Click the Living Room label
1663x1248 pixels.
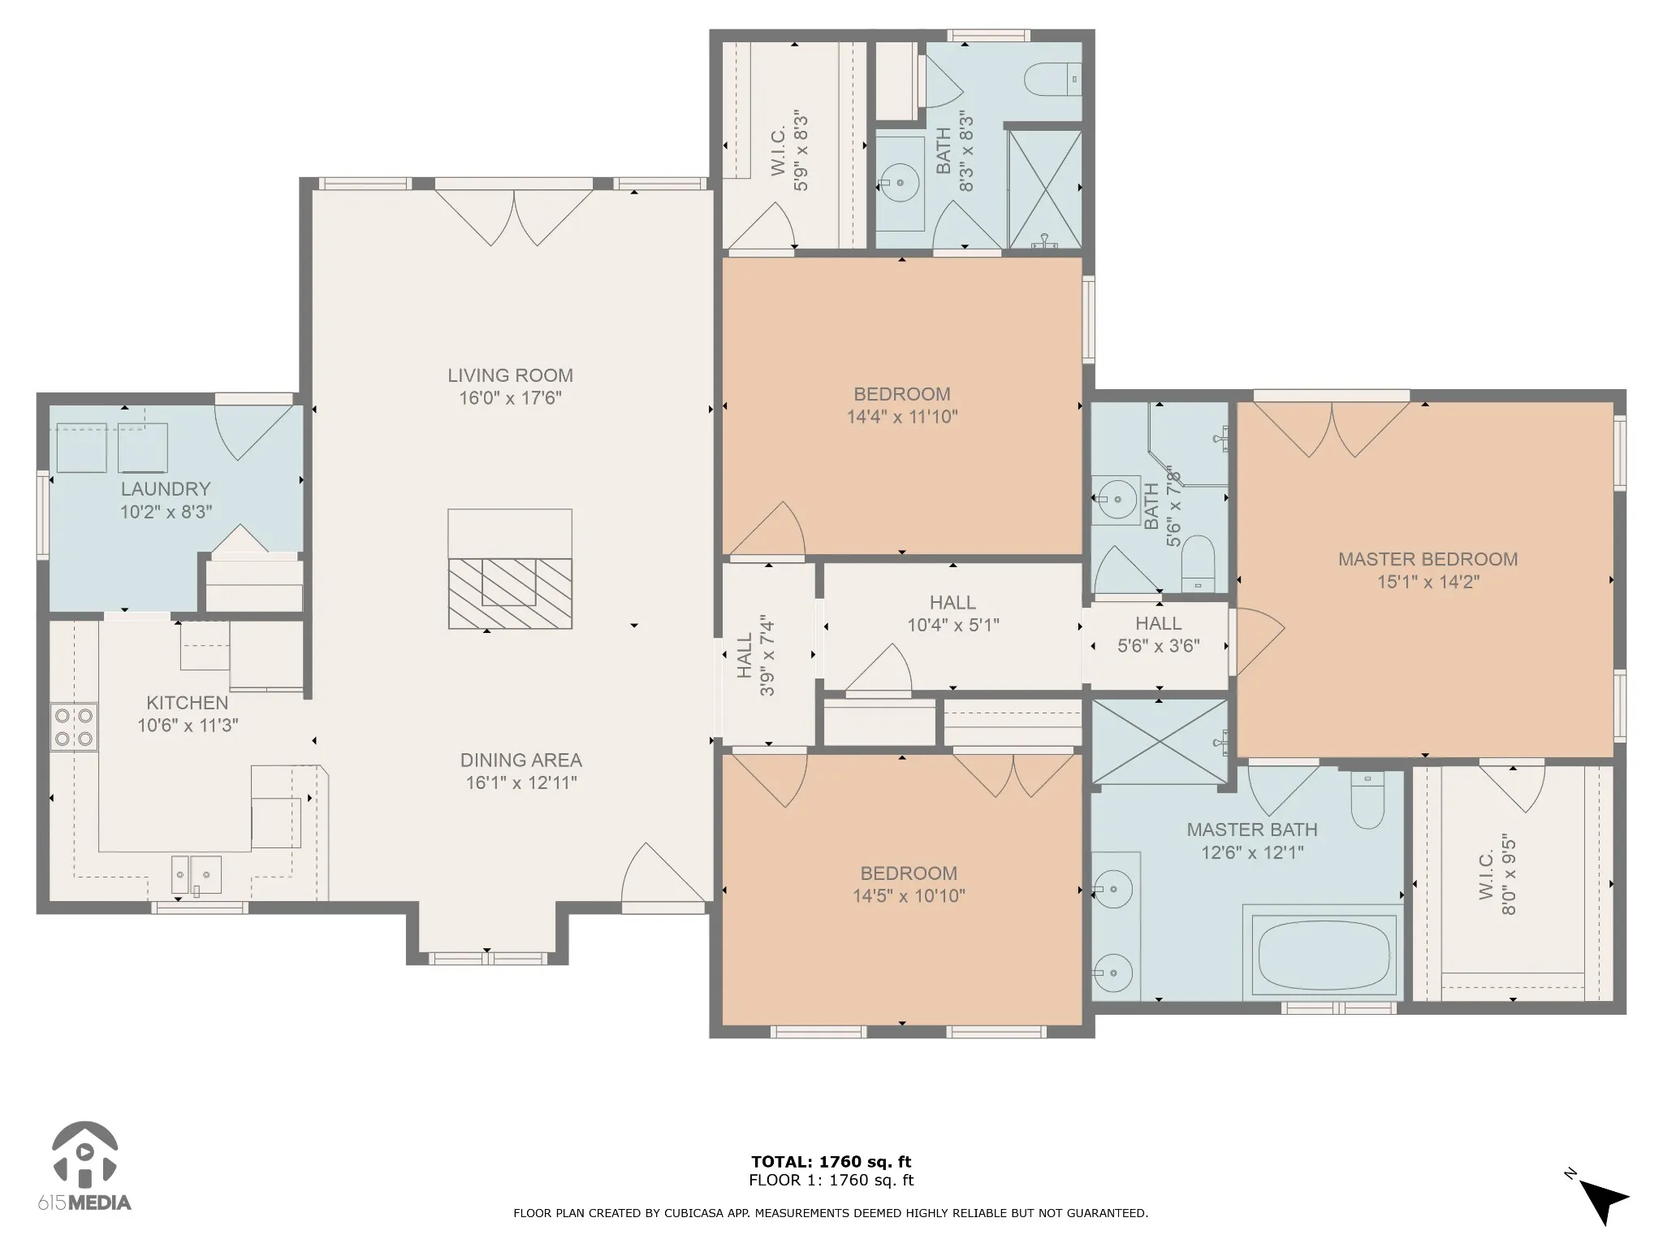510,375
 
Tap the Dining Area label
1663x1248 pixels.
521,760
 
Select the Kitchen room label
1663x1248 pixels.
188,703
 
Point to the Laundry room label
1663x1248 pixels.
166,489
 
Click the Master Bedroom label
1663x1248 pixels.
1428,559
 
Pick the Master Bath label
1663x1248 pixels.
1252,830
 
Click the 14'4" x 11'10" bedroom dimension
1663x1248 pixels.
902,417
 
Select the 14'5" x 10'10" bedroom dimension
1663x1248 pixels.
909,896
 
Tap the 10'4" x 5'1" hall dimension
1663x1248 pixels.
953,626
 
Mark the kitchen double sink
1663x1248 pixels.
196,874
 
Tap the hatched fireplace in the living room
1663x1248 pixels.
510,593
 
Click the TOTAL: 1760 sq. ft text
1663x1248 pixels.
831,1162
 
